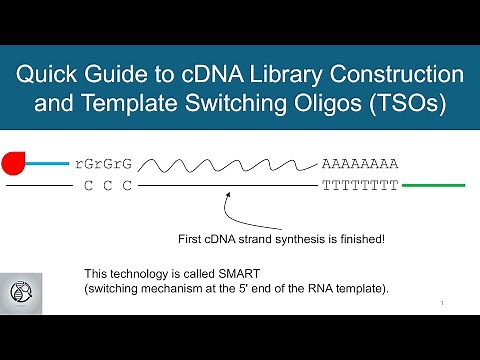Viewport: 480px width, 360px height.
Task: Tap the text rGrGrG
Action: point(104,163)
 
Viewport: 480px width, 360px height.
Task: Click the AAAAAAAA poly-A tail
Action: point(360,163)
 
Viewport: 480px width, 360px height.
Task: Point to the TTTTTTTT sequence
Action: point(360,186)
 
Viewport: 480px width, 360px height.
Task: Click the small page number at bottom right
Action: point(441,301)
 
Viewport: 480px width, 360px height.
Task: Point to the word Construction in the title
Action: point(405,76)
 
